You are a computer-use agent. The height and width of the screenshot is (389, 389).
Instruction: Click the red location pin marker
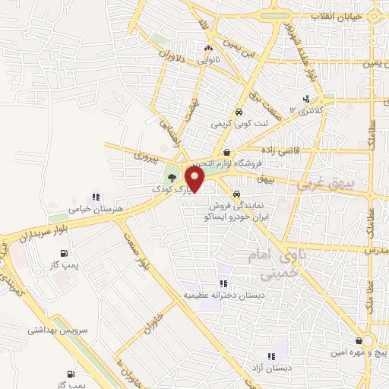pos(195,180)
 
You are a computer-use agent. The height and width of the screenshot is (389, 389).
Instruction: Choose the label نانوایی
pos(208,59)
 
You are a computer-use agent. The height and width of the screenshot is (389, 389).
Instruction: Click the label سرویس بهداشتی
pos(60,330)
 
